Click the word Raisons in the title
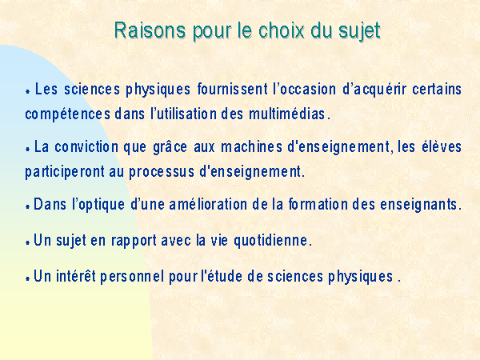pyautogui.click(x=150, y=30)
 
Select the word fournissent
pyautogui.click(x=233, y=89)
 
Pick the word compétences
pyautogui.click(x=68, y=115)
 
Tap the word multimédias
pyautogui.click(x=287, y=114)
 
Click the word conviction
pyautogui.click(x=86, y=146)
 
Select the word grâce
pyautogui.click(x=170, y=147)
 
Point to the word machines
pyautogui.click(x=251, y=146)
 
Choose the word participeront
pyautogui.click(x=65, y=173)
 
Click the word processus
pyautogui.click(x=162, y=173)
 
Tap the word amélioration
pyautogui.click(x=208, y=204)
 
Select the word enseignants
pyautogui.click(x=418, y=206)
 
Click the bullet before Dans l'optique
pyautogui.click(x=27, y=207)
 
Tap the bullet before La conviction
pyautogui.click(x=27, y=150)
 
